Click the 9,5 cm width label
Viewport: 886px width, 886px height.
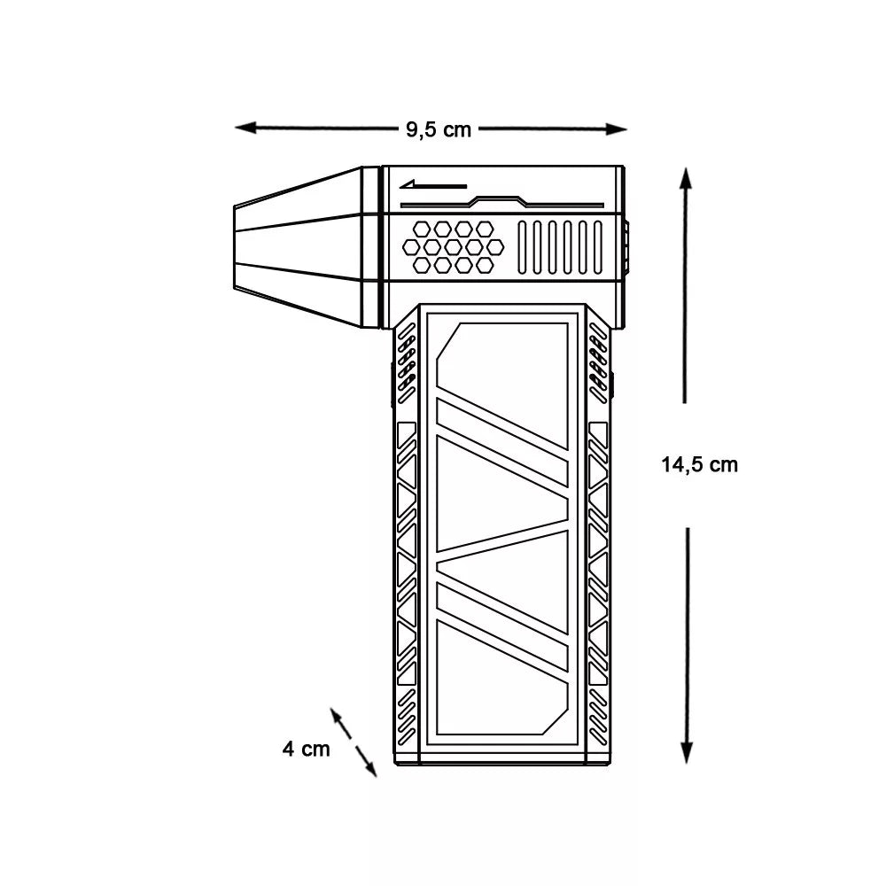coord(439,129)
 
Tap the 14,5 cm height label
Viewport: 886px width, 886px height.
coord(699,464)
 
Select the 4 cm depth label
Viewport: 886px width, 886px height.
coord(306,749)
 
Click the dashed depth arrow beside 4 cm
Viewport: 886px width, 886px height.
coord(354,742)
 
